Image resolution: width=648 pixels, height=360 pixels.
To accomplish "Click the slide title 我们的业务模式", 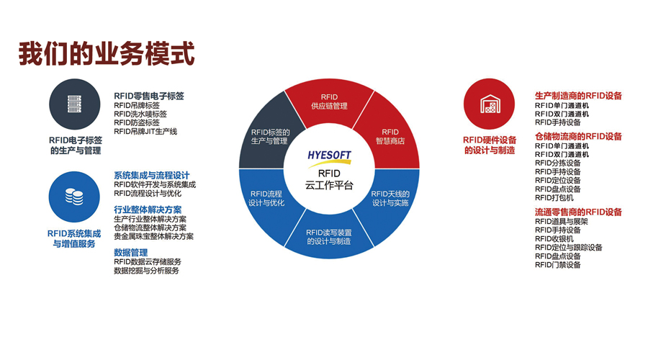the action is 107,54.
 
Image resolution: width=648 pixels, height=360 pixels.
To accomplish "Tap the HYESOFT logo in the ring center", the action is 329,158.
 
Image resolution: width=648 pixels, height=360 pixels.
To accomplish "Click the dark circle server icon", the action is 74,104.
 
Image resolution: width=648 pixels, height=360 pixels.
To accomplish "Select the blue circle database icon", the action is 74,197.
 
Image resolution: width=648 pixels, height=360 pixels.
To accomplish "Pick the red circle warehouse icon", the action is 490,104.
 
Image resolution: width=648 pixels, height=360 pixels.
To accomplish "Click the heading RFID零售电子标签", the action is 149,96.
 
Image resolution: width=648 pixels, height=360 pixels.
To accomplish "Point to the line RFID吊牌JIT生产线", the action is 145,132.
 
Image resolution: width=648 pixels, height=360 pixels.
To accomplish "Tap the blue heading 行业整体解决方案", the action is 148,210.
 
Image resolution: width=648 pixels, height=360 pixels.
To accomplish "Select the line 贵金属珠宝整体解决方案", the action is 154,236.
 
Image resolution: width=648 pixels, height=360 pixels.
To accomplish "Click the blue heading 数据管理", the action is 130,253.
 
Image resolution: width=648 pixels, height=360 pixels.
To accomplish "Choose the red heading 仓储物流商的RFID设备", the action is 578,136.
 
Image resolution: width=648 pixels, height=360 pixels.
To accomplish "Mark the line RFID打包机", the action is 554,197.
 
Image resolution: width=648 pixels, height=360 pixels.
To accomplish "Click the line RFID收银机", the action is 554,239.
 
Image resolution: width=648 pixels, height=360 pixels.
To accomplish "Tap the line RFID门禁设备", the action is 557,265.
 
